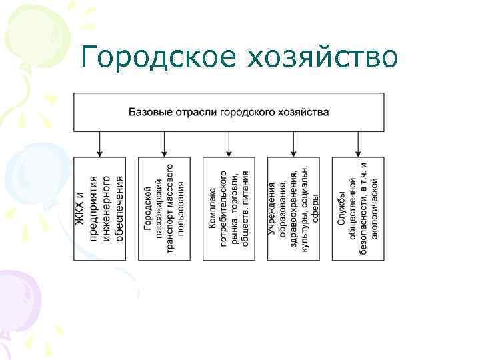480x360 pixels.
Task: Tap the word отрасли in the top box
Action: [193, 112]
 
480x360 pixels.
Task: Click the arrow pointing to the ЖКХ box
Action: [100, 144]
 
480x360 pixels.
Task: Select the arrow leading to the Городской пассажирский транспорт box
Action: [165, 144]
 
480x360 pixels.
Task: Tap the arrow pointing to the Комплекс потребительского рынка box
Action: [229, 144]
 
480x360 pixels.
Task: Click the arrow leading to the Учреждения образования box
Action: [294, 144]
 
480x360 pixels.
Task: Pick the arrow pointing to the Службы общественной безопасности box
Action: [359, 144]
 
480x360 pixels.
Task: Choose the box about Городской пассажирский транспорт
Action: [165, 209]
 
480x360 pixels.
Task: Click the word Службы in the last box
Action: [341, 235]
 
